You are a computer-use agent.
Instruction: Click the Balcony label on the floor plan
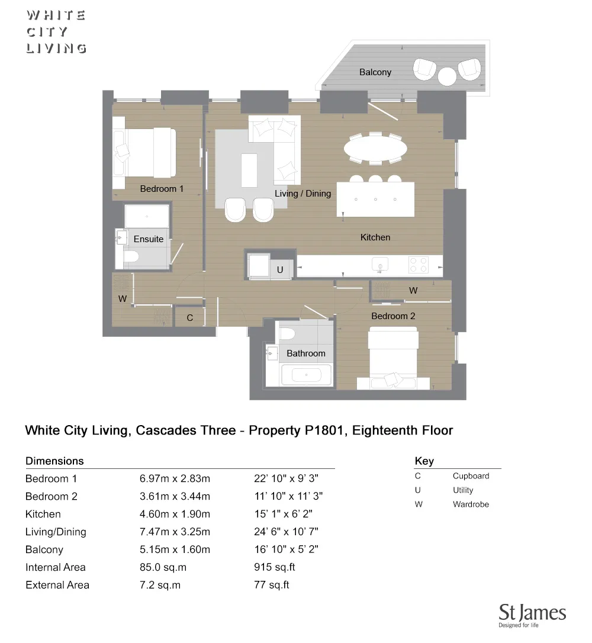pyautogui.click(x=375, y=72)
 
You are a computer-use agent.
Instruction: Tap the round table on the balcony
pyautogui.click(x=448, y=76)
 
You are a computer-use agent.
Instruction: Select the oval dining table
pyautogui.click(x=376, y=147)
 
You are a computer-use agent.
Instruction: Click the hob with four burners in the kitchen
pyautogui.click(x=419, y=264)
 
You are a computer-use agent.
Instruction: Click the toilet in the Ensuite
pyautogui.click(x=131, y=256)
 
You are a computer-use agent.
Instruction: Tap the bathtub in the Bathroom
pyautogui.click(x=305, y=375)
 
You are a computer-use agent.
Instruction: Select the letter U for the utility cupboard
pyautogui.click(x=280, y=270)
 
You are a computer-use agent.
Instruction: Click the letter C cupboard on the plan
pyautogui.click(x=190, y=318)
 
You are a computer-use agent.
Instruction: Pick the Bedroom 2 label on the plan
pyautogui.click(x=393, y=316)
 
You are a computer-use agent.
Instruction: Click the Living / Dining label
pyautogui.click(x=303, y=194)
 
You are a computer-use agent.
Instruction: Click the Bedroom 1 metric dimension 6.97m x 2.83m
pyautogui.click(x=175, y=479)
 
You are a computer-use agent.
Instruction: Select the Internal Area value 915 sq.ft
pyautogui.click(x=274, y=567)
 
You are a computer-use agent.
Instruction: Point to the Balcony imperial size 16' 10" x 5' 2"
pyautogui.click(x=286, y=549)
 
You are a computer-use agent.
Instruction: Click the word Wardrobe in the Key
pyautogui.click(x=471, y=504)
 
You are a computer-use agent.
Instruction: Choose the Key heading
pyautogui.click(x=424, y=461)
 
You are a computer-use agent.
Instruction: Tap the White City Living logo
pyautogui.click(x=56, y=32)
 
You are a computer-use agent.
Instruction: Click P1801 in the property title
pyautogui.click(x=324, y=430)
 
